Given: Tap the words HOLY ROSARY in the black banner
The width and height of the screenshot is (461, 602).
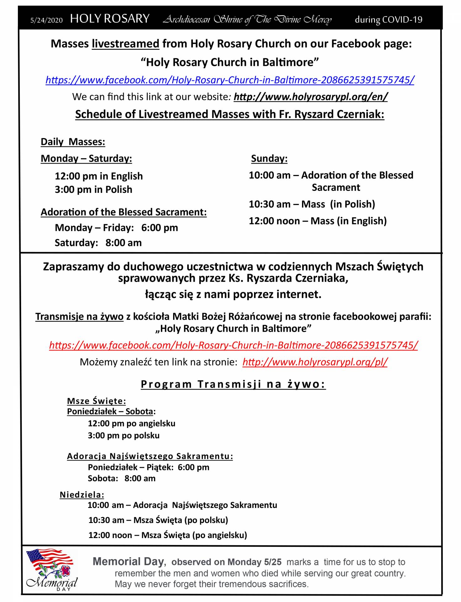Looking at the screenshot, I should coord(110,19).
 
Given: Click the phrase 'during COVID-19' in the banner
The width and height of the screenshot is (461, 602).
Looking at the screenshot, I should coord(388,20).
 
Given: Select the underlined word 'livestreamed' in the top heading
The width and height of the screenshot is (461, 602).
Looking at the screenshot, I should coord(125,44).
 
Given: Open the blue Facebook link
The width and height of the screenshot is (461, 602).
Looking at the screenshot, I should coord(230,80).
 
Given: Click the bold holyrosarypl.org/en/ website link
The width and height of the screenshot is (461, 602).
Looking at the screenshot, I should coord(310,97).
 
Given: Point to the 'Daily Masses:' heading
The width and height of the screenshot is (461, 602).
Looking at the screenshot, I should coord(73,142).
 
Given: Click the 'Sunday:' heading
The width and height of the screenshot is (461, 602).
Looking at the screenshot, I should coord(269,159).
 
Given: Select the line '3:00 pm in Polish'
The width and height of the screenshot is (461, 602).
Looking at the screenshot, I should coord(93,190).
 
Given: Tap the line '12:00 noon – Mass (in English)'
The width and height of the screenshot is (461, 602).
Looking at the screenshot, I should coord(317,221).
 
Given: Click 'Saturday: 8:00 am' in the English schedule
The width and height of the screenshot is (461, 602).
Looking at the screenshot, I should coord(98,243).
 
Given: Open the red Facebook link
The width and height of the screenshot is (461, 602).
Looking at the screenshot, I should coord(234,345).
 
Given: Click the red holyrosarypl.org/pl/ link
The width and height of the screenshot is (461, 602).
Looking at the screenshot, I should coord(315,362).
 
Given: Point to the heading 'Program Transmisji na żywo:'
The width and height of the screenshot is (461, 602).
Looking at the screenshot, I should coord(233,384).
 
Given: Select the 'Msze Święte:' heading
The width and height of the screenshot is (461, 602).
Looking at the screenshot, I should coord(96,401).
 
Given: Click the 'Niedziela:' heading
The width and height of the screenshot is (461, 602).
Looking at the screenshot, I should coord(82,495).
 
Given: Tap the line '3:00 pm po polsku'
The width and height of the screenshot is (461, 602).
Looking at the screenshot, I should coord(124,436).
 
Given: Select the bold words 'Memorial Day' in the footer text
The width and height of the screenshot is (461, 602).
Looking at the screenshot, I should coord(129,562).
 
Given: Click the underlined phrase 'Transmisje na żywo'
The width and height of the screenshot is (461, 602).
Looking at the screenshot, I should coord(79,317).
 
